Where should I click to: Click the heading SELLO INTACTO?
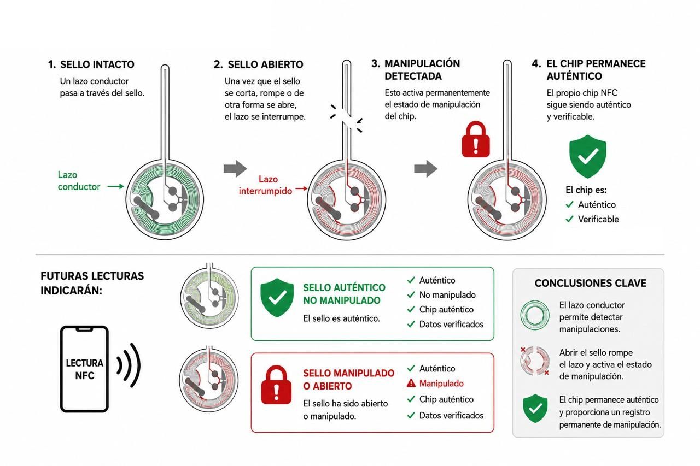97,64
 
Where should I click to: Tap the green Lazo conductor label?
79,180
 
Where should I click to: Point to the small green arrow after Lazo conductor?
115,186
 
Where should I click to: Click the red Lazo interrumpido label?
265,185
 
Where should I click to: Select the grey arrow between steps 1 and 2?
235,169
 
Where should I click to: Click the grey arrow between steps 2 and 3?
425,169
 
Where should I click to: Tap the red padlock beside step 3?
476,139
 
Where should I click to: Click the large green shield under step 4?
587,156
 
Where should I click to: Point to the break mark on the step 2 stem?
347,118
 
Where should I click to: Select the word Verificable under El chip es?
598,219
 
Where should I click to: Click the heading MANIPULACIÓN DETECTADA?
422,69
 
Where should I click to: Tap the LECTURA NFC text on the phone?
84,369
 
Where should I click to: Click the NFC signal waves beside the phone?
129,365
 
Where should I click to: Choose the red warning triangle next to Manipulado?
411,384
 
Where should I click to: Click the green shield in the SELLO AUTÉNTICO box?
277,298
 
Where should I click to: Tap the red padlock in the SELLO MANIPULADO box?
276,385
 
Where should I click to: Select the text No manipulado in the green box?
447,294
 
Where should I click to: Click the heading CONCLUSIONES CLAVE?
590,283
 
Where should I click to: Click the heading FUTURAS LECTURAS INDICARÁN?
92,283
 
